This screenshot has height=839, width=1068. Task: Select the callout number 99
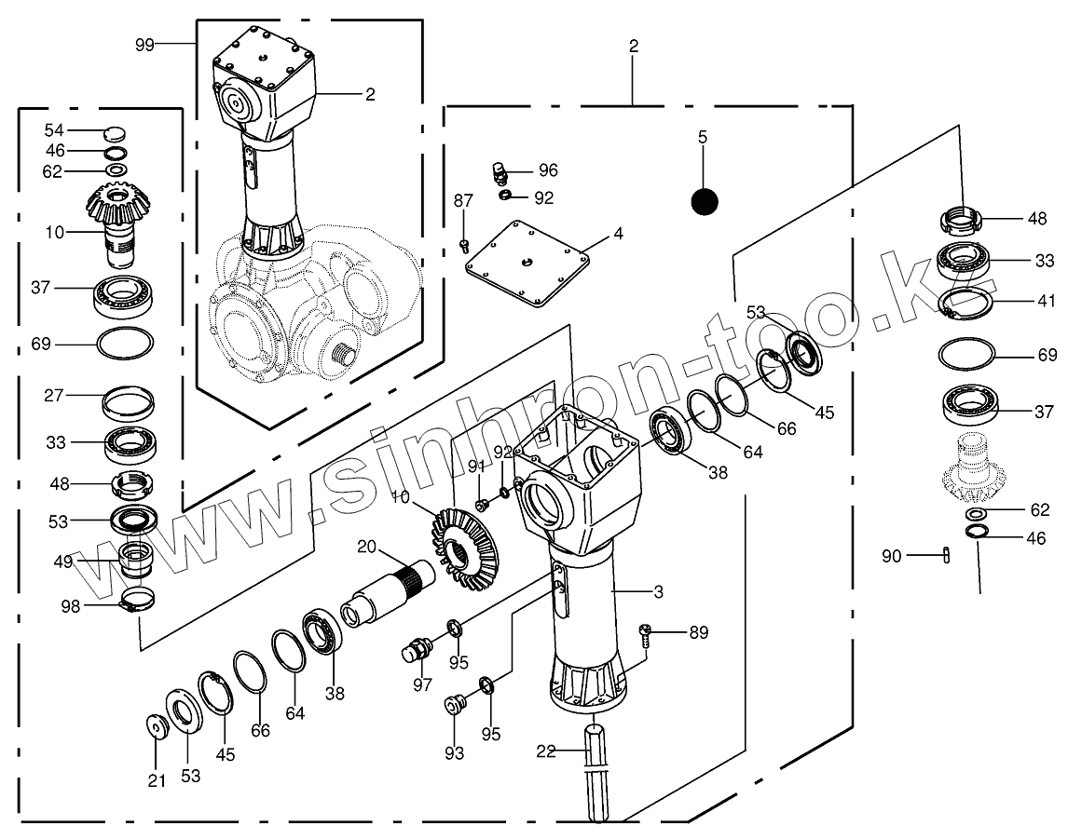click(144, 44)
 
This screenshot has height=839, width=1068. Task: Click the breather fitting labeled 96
click(500, 172)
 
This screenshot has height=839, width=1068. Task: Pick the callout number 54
click(55, 129)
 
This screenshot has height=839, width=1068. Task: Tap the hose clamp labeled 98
click(136, 602)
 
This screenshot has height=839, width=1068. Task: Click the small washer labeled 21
click(156, 725)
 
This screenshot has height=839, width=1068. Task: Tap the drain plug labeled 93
click(456, 705)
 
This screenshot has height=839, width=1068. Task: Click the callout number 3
click(658, 592)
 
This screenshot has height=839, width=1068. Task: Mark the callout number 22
click(546, 751)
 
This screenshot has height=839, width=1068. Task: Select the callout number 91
click(476, 465)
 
